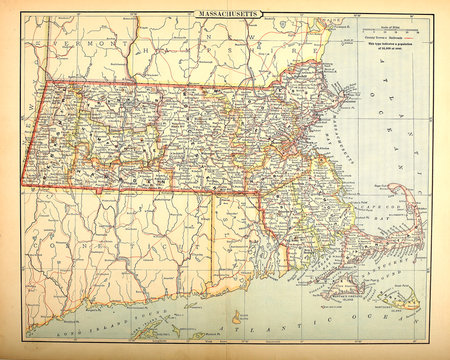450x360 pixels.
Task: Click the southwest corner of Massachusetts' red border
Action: (22, 185)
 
